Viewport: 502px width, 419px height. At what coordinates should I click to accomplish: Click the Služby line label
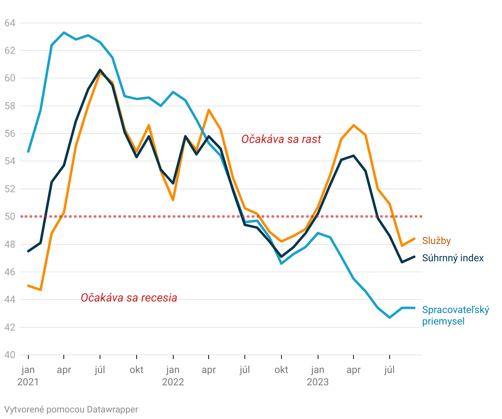coord(436,241)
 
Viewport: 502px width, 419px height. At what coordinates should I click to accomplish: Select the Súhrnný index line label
coord(453,258)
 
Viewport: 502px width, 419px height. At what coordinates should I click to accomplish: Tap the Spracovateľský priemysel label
coord(456,315)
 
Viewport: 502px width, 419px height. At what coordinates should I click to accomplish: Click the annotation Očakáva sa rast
coord(281,139)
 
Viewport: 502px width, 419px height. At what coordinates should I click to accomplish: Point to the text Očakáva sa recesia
coord(129,297)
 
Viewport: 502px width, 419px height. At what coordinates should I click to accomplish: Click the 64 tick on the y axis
coord(10,23)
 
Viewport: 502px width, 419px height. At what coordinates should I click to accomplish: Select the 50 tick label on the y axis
coord(10,216)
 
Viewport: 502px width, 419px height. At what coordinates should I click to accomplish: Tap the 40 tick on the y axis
coord(10,355)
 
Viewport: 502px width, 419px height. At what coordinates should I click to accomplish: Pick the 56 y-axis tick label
coord(10,134)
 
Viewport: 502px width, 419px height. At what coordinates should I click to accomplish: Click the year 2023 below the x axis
coord(318,382)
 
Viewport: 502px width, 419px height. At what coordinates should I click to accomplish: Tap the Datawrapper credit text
coord(71,410)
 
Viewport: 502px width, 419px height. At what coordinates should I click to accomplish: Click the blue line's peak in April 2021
coord(64,32)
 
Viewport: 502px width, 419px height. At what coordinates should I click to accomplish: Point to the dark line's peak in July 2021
coord(100,70)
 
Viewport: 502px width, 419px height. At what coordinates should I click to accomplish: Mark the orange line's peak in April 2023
coord(353,125)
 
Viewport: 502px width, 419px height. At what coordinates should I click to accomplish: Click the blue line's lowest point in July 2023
coord(390,318)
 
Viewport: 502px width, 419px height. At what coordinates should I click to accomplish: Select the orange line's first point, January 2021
coord(28,285)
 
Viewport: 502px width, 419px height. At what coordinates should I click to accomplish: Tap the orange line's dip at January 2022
coord(173,200)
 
